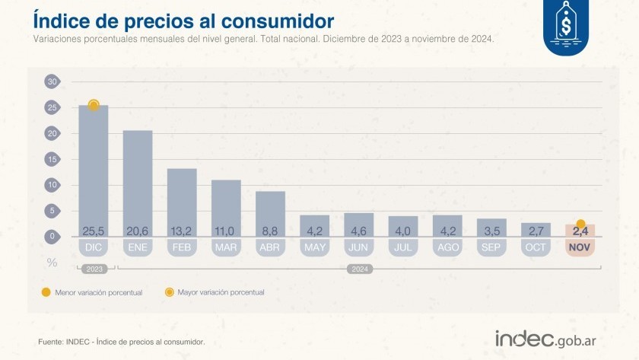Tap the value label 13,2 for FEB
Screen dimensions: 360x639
(x=182, y=231)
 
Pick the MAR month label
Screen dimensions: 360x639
(x=226, y=248)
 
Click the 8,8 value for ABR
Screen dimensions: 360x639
(x=270, y=231)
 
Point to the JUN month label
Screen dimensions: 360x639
(x=358, y=248)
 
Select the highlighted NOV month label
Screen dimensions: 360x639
(x=580, y=248)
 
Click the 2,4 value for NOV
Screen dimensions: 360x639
(x=580, y=231)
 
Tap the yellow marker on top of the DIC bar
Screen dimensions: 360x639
(x=94, y=105)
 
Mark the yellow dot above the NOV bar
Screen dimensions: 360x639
(x=580, y=224)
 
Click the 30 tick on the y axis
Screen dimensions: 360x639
(x=52, y=81)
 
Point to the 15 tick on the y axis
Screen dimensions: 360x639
(x=52, y=159)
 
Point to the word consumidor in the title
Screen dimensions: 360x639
(x=262, y=19)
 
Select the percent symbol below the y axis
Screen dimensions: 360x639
(x=52, y=263)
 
